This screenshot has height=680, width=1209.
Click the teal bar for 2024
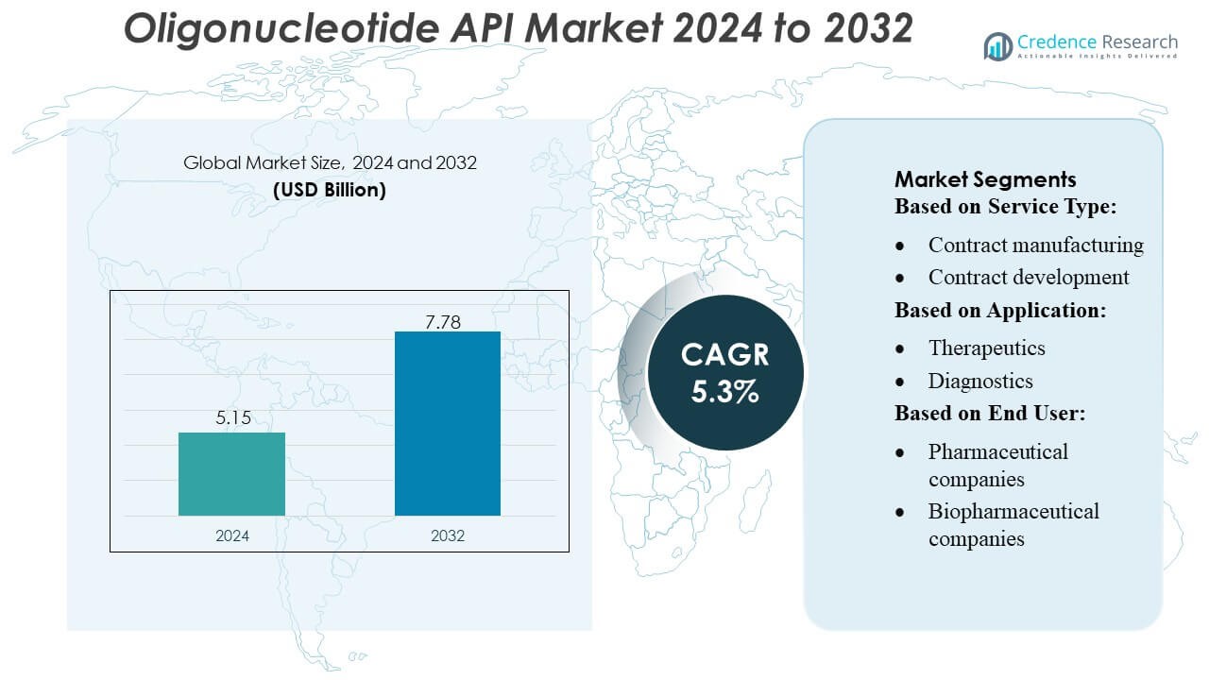(231, 473)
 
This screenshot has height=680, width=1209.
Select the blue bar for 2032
(447, 423)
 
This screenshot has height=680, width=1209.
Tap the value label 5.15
(232, 417)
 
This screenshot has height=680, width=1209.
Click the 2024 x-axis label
(232, 535)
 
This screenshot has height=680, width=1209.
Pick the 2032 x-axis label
(448, 535)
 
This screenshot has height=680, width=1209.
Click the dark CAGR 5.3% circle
(725, 371)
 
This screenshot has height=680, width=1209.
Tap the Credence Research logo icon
(997, 45)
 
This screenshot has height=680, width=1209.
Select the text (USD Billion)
(330, 189)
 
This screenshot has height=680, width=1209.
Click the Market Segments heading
(985, 179)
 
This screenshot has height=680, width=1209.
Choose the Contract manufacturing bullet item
(1035, 245)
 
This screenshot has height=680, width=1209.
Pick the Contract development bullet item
(1028, 277)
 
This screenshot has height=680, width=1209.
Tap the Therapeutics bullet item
(986, 348)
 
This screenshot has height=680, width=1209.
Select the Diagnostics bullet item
(980, 381)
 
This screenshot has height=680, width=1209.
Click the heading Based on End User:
(989, 413)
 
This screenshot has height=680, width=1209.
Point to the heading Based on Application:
(1000, 310)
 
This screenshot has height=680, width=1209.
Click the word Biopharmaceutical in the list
(1013, 511)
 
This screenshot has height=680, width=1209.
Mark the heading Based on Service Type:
(1006, 207)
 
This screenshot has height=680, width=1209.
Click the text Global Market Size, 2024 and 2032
(330, 162)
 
